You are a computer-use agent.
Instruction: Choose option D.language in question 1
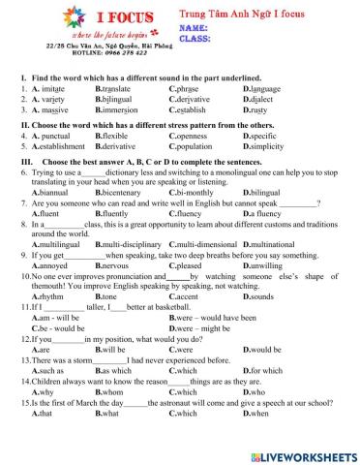[x=264, y=87]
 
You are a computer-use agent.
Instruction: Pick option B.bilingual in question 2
[x=115, y=98]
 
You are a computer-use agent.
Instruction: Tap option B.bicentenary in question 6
[x=121, y=193]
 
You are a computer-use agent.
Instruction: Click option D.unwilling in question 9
[x=265, y=264]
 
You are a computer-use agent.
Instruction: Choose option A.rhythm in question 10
[x=49, y=296]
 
